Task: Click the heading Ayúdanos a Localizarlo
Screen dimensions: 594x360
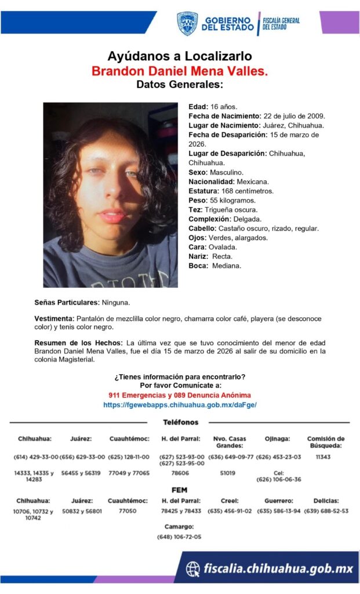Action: pyautogui.click(x=180, y=56)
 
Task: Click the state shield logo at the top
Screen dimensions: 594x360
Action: pyautogui.click(x=187, y=24)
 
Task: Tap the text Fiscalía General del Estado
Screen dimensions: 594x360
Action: pyautogui.click(x=281, y=24)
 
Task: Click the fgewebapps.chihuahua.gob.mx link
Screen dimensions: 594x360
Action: pyautogui.click(x=180, y=405)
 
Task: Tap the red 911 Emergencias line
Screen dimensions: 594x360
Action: pyautogui.click(x=180, y=395)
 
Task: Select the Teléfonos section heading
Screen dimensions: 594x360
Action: pyautogui.click(x=180, y=422)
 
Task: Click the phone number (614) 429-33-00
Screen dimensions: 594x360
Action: pyautogui.click(x=35, y=457)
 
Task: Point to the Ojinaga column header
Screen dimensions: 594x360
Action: pyautogui.click(x=278, y=439)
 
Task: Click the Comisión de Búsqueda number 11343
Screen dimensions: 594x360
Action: pyautogui.click(x=325, y=457)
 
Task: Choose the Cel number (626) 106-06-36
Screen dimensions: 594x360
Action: pyautogui.click(x=278, y=479)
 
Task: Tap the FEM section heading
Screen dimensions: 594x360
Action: pyautogui.click(x=180, y=490)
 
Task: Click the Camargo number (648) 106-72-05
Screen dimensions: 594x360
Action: pyautogui.click(x=179, y=537)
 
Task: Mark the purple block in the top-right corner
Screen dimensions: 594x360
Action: pyautogui.click(x=339, y=22)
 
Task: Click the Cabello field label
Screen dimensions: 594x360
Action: pyautogui.click(x=201, y=229)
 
